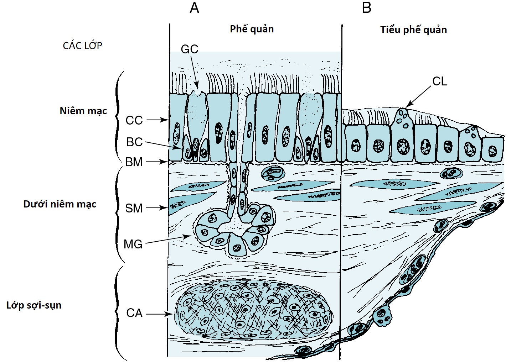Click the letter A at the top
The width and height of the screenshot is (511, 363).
pos(194,8)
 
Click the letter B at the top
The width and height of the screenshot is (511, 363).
pos(366,8)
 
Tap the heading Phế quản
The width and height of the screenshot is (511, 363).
pos(252,29)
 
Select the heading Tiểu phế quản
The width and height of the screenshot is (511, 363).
pos(413,30)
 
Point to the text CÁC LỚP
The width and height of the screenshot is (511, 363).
pos(82,46)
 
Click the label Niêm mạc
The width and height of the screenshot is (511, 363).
pos(83,111)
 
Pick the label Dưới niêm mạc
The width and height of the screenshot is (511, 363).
pos(60,204)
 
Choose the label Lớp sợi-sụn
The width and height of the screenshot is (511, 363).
pos(34,305)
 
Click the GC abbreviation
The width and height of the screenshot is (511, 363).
pos(189,49)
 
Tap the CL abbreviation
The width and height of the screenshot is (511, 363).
pos(439,81)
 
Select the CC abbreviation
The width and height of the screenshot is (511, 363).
pos(134,120)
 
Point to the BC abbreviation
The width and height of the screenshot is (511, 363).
pos(134,142)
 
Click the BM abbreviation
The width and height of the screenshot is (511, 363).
pos(134,162)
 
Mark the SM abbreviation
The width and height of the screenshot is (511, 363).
pos(134,208)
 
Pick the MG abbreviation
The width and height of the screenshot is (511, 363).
pos(133,244)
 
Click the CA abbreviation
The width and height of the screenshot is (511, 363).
pos(134,313)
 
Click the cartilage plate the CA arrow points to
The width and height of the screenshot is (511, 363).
pos(253,308)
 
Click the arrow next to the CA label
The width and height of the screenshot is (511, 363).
pos(159,314)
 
